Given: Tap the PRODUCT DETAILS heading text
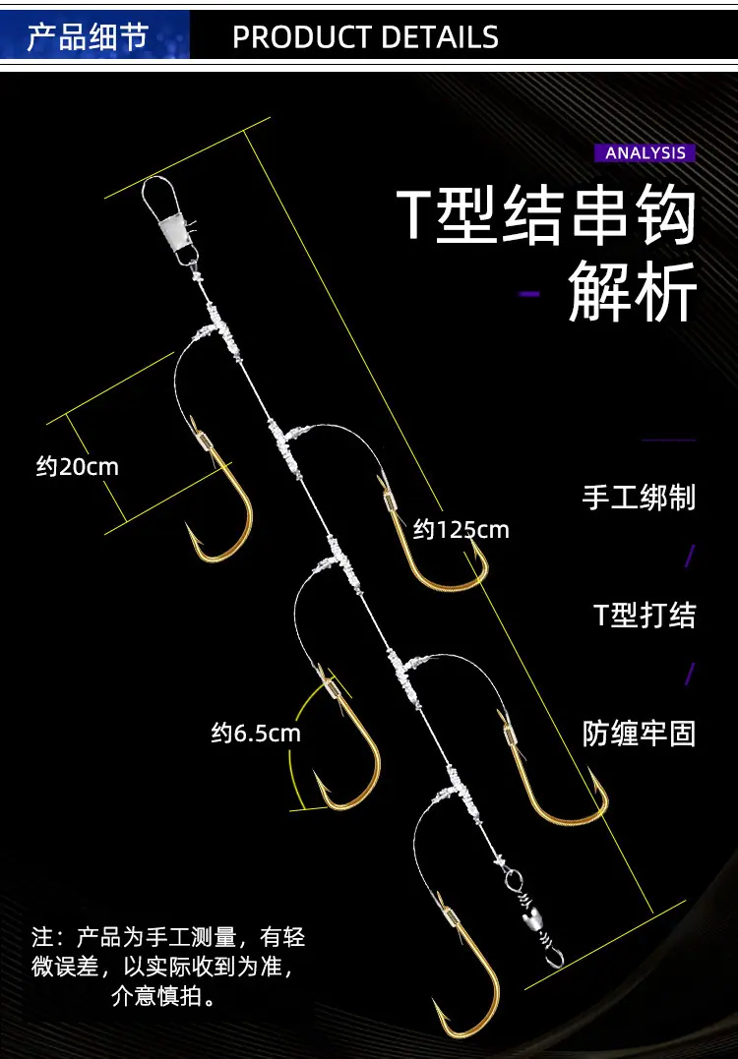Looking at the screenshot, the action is (x=366, y=37).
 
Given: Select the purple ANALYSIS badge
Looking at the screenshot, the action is (x=645, y=152).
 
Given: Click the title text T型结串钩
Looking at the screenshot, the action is (x=546, y=214).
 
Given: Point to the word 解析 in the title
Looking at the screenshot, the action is (x=633, y=293).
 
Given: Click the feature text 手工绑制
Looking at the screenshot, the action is (x=639, y=498).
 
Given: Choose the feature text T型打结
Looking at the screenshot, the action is (x=645, y=615).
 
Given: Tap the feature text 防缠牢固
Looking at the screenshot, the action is (x=639, y=734).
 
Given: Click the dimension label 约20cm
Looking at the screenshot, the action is (x=77, y=467).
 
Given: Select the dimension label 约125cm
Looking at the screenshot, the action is (x=461, y=530).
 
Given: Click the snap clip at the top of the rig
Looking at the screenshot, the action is (x=169, y=221).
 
